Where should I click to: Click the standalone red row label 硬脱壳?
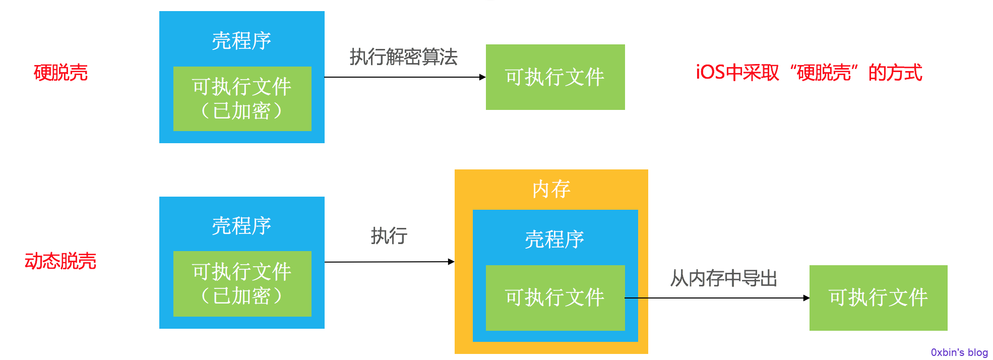[x=60, y=73]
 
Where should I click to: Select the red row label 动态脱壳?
[x=60, y=261]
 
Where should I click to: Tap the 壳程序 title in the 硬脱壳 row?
[x=241, y=41]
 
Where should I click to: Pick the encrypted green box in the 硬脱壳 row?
[x=242, y=99]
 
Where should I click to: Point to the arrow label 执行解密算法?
[x=404, y=56]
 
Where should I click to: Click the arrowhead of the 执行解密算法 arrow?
[x=483, y=77]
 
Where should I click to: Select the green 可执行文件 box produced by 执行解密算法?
[x=555, y=77]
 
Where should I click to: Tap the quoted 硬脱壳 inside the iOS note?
[x=824, y=73]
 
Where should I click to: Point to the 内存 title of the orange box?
[x=551, y=189]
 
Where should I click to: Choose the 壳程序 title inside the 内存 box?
[x=554, y=239]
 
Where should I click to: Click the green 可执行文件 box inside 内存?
[x=555, y=298]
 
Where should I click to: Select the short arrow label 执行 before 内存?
[x=389, y=235]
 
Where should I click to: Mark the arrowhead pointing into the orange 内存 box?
[x=452, y=262]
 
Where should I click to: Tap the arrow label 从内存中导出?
[x=724, y=278]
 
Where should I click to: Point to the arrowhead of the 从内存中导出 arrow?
[x=806, y=298]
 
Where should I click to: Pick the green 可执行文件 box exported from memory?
[x=879, y=298]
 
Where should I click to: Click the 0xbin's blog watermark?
[x=959, y=352]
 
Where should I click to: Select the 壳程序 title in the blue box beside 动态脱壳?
[x=241, y=226]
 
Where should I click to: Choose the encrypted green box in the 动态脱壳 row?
[x=242, y=284]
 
